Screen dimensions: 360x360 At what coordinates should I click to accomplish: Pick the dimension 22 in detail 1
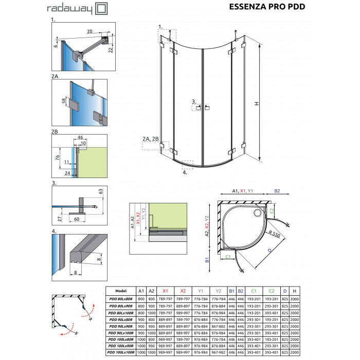click(x=110, y=48)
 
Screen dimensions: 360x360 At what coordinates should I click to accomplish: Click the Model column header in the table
click(x=121, y=291)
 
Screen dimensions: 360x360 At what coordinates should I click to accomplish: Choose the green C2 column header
click(x=271, y=291)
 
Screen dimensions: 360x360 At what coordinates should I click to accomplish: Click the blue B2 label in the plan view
click(x=277, y=191)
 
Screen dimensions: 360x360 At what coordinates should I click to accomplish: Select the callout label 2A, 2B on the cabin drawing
click(x=152, y=139)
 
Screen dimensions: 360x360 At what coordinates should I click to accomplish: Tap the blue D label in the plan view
click(x=269, y=251)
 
